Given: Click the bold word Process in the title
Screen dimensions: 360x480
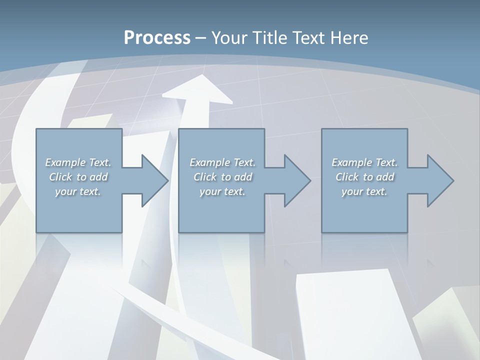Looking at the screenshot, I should pos(157,38).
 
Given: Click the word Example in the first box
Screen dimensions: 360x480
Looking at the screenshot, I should pos(65,162).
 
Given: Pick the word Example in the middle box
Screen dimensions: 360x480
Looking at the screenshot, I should pos(210,162).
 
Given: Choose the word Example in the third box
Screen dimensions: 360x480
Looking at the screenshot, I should pos(352,162).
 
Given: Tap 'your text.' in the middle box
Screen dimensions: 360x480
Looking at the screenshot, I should pos(222,191).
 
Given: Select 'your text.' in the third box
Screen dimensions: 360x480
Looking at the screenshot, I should pos(364,191).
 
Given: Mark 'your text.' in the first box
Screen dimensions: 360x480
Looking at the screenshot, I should pos(77,191).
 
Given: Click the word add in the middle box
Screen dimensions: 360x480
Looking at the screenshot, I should pos(243,177).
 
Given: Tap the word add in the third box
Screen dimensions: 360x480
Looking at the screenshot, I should pos(385,177).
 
